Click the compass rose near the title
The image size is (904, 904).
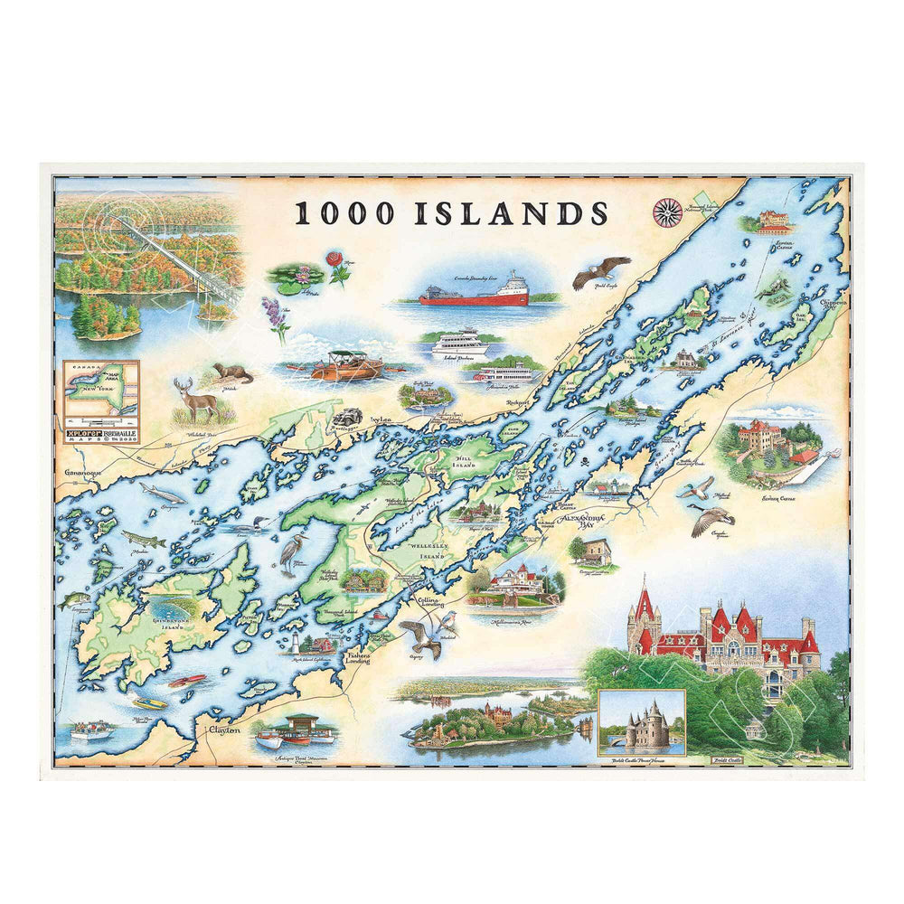[667, 212]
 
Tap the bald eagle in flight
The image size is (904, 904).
[599, 270]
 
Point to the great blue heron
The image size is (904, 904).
[291, 551]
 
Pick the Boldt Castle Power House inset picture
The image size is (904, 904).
[641, 721]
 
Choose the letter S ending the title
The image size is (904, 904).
[595, 212]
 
